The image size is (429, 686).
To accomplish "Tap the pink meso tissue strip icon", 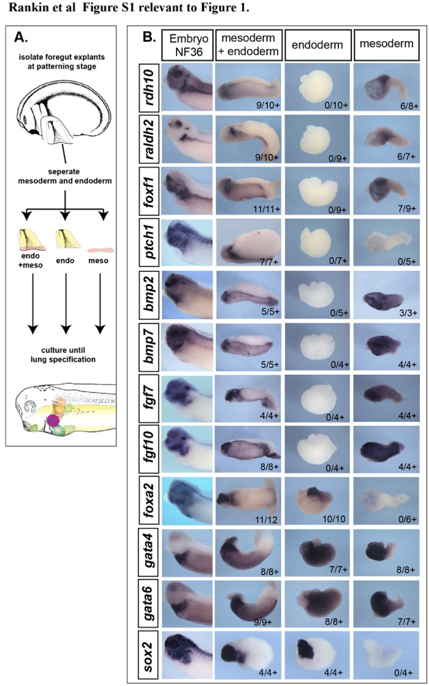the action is [x=101, y=250].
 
